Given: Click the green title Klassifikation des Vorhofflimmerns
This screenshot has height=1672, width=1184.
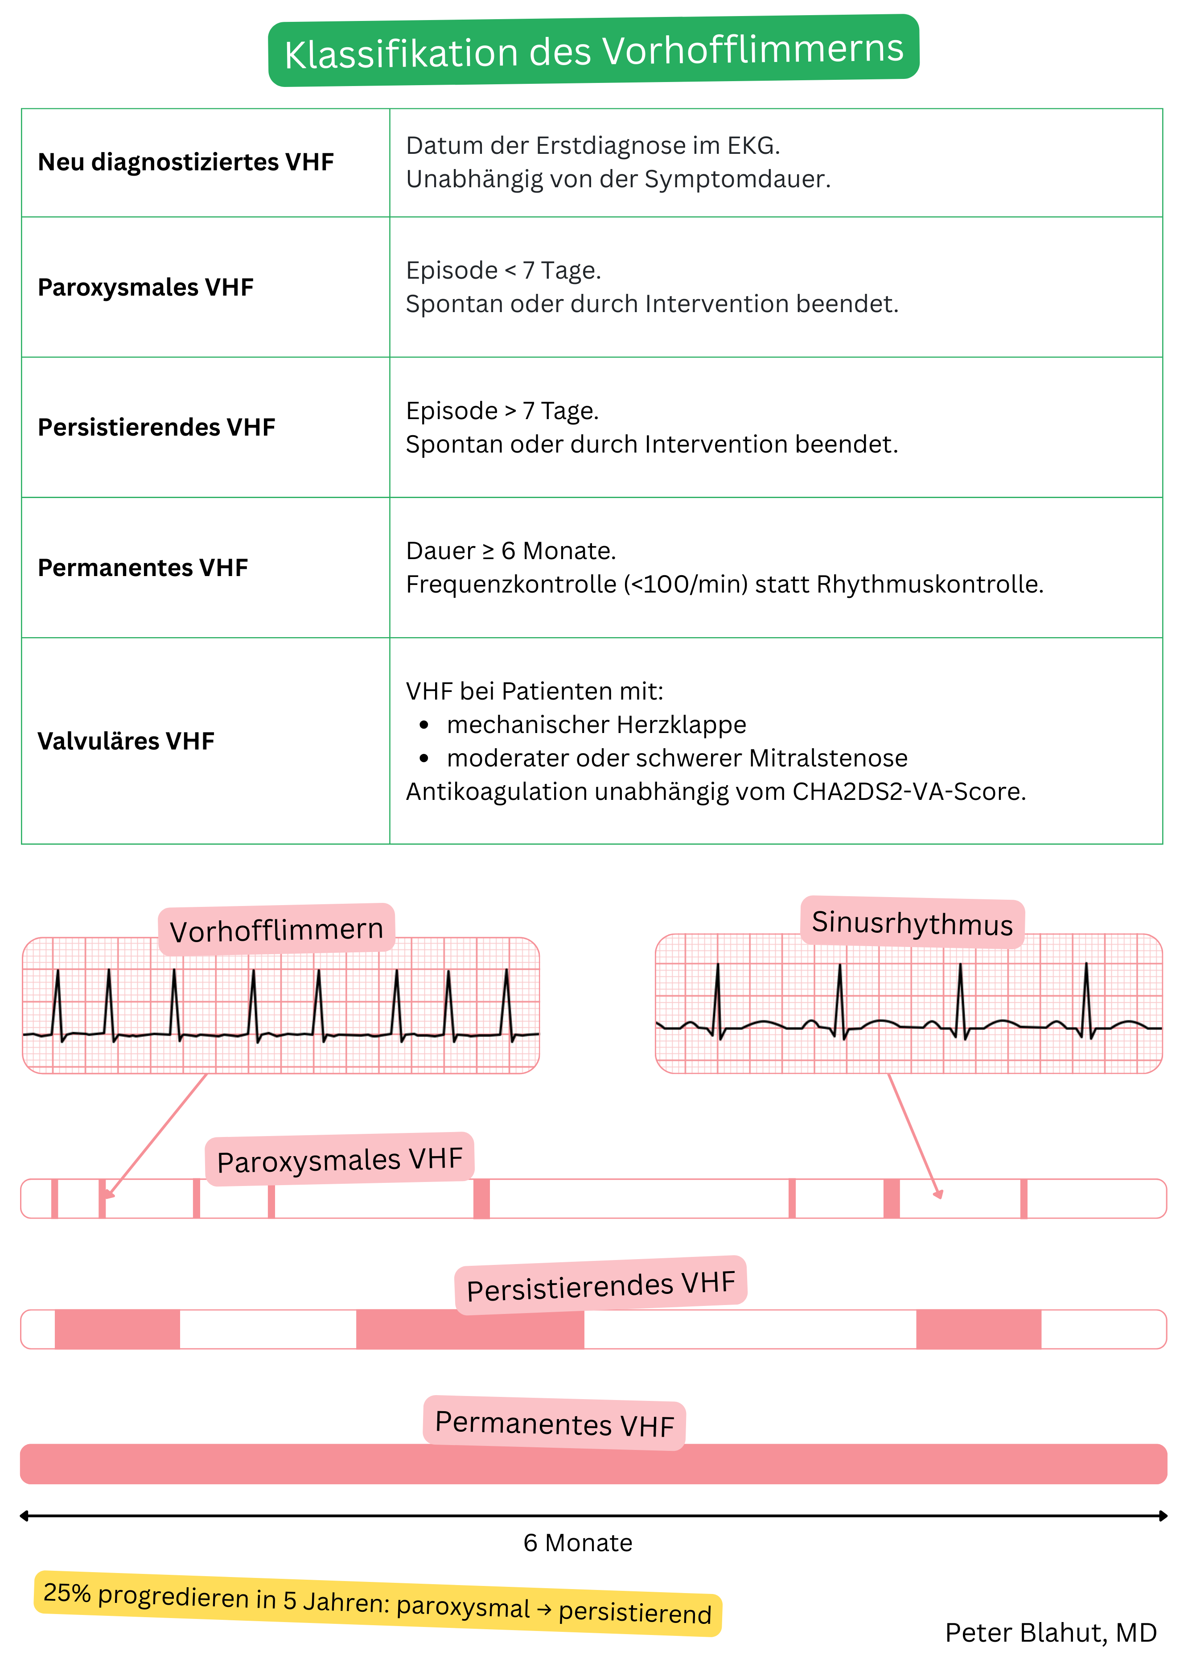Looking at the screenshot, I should click(x=593, y=51).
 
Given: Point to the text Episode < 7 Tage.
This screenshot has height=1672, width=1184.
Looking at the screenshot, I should click(x=503, y=271).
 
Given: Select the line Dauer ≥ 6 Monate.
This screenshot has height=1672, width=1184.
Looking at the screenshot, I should click(x=510, y=551).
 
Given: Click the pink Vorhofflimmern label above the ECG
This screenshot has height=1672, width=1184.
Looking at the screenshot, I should click(x=276, y=930).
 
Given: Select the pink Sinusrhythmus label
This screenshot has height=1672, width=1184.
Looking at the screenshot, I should click(x=912, y=922).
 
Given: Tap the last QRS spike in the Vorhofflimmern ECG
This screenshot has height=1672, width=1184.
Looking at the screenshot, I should click(x=507, y=999).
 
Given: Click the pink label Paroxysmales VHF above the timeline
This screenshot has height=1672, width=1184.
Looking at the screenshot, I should click(x=340, y=1159).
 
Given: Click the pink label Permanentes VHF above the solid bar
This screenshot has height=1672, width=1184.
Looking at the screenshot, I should click(x=554, y=1423).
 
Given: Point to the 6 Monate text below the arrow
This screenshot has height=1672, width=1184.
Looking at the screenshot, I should click(x=577, y=1543).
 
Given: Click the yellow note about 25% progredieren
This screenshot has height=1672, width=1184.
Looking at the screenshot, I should click(x=377, y=1603).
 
